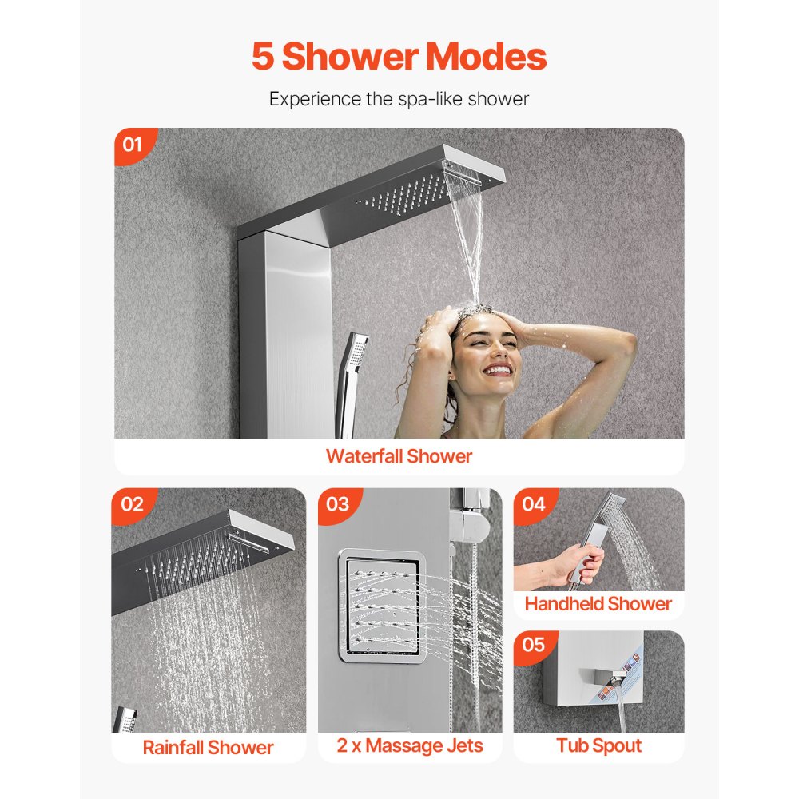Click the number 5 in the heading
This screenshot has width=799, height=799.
[x=264, y=57]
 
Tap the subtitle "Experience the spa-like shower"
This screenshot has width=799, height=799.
[x=399, y=99]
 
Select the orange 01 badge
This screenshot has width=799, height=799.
[x=132, y=145]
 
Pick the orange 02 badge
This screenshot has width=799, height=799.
[x=132, y=504]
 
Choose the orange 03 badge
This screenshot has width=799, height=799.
[x=337, y=504]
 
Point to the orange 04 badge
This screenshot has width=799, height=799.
[x=533, y=504]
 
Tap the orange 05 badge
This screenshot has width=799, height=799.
[x=533, y=645]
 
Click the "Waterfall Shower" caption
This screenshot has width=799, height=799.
[x=399, y=456]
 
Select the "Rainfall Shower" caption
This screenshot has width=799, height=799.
[x=208, y=748]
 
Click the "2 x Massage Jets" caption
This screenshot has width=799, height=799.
[x=411, y=746]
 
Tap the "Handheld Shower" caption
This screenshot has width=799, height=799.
[x=598, y=604]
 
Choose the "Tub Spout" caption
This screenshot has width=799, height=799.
[x=598, y=746]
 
